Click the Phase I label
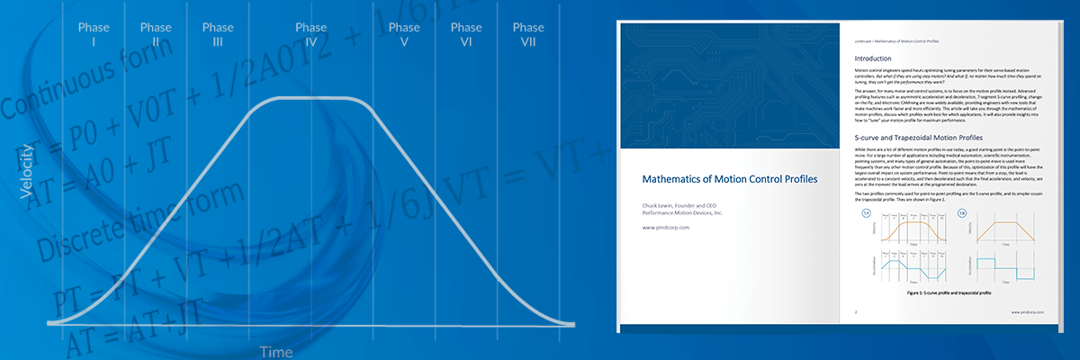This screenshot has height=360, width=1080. point(94,34)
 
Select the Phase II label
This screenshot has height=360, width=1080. point(156,34)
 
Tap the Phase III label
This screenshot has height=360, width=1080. point(218,34)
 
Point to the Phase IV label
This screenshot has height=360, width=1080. point(311,34)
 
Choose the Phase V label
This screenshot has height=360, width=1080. point(404,34)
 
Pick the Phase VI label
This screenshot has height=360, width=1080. point(466,34)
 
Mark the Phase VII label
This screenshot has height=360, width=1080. point(527,34)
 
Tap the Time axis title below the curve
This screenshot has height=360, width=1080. point(276,351)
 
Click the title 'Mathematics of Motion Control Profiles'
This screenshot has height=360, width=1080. point(729,179)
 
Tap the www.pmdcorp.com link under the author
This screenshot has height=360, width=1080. point(665,228)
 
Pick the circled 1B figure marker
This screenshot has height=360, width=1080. point(962,213)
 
